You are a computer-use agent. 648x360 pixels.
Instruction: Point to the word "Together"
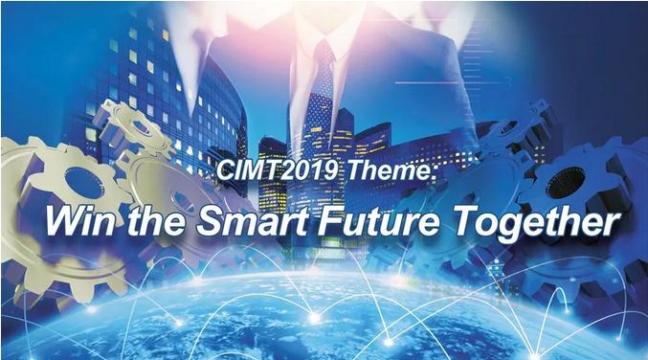pos(536,222)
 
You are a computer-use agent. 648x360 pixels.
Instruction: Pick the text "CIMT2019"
pos(277,169)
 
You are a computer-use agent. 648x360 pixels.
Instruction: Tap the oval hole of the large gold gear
pos(83,183)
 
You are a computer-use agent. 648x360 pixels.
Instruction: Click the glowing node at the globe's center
pos(315,318)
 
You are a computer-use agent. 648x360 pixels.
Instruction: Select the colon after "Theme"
pos(433,172)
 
